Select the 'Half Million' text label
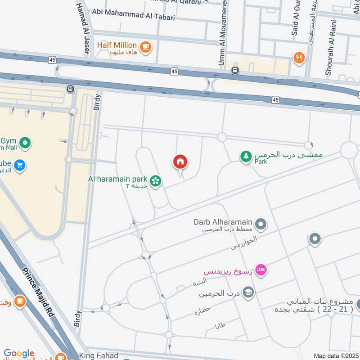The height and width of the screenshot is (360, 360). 117,45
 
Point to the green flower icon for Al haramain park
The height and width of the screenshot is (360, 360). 156,181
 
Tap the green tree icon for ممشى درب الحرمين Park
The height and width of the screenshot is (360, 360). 246,157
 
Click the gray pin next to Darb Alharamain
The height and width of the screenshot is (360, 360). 261,223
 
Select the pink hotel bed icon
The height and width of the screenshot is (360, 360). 261,270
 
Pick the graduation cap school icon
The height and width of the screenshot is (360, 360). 248,293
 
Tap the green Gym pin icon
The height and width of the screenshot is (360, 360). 25,144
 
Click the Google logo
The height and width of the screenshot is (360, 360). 19,353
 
